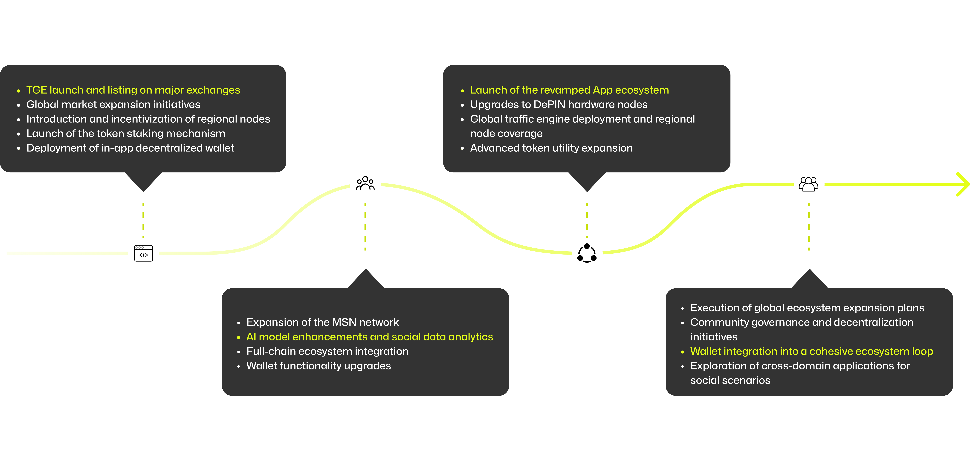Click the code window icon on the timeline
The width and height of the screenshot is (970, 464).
pos(143,253)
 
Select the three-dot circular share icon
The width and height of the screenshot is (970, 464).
pos(587,253)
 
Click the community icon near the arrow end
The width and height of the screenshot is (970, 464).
pos(808,184)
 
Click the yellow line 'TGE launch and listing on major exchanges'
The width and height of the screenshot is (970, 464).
pos(133,90)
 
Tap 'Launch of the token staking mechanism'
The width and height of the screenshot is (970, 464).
pos(126,134)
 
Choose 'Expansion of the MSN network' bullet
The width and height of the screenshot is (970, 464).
pos(322,322)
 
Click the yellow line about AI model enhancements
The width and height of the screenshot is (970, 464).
pos(369,337)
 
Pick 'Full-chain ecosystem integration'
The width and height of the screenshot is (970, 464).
pos(327,351)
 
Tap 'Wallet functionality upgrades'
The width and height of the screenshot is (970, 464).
pos(319,366)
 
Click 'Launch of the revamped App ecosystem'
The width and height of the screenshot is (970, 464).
pos(569,90)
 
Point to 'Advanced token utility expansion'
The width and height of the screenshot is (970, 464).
pos(551,148)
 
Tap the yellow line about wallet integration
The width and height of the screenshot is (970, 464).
pos(811,351)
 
